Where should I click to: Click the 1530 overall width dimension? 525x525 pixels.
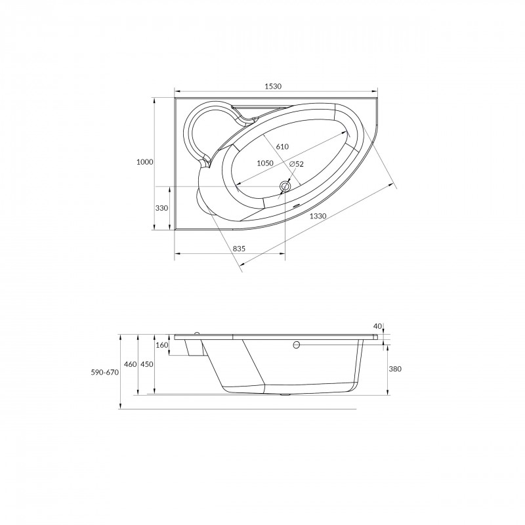coord(273,87)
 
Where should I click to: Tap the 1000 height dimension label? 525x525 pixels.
coord(144,162)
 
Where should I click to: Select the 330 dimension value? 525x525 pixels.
coord(161,208)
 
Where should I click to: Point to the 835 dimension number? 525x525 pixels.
coord(239,249)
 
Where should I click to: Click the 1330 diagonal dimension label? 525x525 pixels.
coord(318,216)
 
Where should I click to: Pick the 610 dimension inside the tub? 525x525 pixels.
coord(282,146)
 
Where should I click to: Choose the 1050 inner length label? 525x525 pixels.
coord(265,163)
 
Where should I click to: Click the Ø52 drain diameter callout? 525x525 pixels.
coord(296,164)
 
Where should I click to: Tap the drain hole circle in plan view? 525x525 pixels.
coord(285,186)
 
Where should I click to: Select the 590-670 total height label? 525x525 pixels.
coord(105,372)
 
